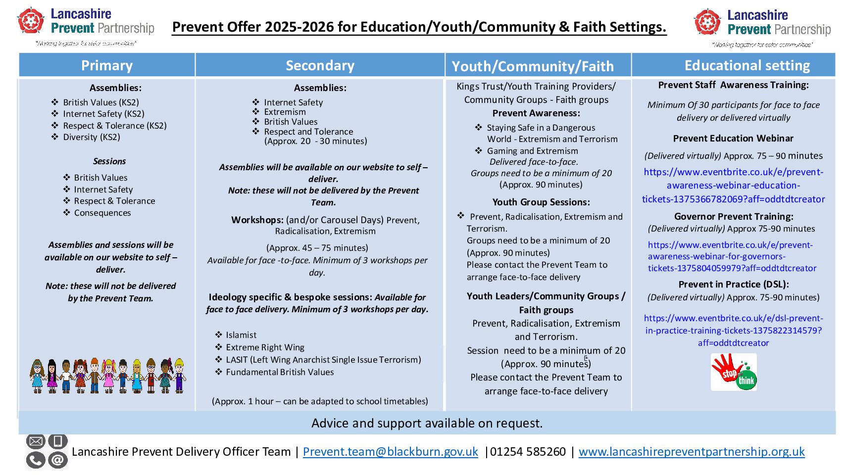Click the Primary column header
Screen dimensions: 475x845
tap(107, 65)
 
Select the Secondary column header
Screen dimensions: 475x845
tap(320, 65)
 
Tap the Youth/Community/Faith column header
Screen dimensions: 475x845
tap(533, 66)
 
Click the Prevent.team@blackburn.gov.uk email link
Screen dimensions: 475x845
tap(390, 452)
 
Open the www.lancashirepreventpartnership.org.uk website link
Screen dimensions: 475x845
tap(692, 452)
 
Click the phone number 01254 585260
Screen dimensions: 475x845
tap(528, 452)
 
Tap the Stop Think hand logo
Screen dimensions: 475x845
tap(734, 372)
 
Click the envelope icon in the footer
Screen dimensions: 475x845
tap(36, 441)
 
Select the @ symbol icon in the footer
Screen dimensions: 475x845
tap(57, 460)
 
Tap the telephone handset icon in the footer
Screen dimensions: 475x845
tap(36, 460)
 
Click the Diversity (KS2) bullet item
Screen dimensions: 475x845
tap(92, 137)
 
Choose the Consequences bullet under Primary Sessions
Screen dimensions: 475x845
tap(102, 213)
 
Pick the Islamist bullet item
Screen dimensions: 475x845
tap(241, 335)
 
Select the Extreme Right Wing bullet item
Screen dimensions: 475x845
tap(265, 347)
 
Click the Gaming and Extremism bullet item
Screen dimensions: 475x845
tap(532, 151)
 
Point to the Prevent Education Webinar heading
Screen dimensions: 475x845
tap(733, 139)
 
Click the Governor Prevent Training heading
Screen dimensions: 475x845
tap(734, 216)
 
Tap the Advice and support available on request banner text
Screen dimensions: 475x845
tap(427, 423)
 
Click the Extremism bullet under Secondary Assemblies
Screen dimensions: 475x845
tap(285, 112)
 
